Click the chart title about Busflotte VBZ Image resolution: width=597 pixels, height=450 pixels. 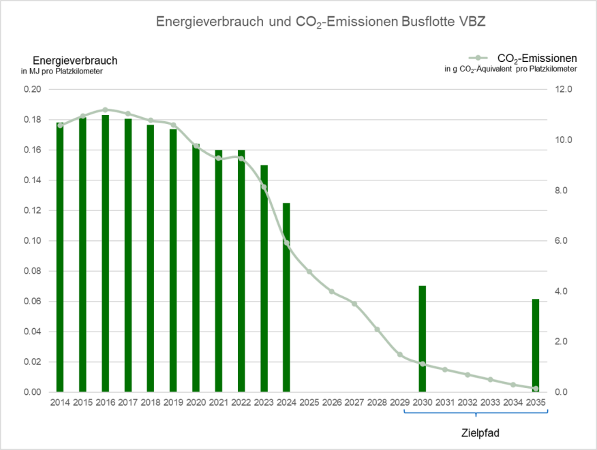coord(320,22)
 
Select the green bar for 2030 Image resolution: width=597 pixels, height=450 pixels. coord(423,338)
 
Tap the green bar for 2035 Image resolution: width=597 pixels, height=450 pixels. coord(536,345)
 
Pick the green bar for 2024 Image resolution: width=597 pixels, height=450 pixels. coord(286,298)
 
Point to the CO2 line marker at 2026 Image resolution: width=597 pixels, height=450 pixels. coord(332,291)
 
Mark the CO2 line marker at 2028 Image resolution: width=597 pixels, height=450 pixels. coord(377,330)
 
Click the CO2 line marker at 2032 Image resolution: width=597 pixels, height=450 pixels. coord(468,374)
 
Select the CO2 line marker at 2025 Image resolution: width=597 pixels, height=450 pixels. coord(309,272)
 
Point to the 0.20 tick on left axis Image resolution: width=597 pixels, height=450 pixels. coord(33,89)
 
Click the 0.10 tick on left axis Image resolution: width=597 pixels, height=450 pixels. coord(33,241)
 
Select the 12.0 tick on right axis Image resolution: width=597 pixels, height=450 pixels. coord(567,89)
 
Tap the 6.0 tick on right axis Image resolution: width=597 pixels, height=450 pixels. coord(567,241)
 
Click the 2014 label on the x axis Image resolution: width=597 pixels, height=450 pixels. coord(60,403)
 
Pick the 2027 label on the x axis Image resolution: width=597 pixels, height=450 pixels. coord(354,403)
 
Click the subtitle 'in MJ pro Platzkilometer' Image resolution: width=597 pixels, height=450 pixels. coord(62,71)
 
